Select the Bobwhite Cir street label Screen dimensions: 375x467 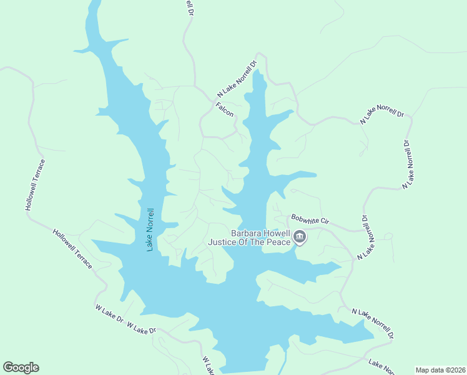tap(309, 222)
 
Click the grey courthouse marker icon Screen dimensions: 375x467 tap(300, 237)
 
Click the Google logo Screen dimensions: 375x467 tap(21, 367)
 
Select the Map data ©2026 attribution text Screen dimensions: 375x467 tap(440, 369)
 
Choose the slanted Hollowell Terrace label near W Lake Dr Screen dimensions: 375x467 tap(73, 249)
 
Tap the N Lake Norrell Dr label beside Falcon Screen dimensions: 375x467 tap(237, 78)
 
